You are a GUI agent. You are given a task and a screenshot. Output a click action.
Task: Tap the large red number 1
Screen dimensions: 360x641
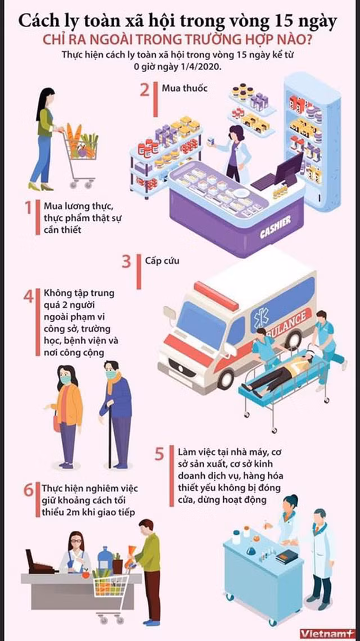28,207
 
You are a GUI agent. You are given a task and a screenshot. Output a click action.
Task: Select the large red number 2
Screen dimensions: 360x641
145,90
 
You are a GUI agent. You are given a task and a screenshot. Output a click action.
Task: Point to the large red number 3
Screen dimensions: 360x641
127,261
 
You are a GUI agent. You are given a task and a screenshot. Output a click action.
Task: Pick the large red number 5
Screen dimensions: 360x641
159,454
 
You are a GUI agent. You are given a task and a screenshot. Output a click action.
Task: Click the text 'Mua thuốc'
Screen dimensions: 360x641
179,88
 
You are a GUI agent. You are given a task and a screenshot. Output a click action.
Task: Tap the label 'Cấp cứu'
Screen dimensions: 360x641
162,260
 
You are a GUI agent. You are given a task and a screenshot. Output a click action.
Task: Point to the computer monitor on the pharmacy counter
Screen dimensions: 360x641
289,169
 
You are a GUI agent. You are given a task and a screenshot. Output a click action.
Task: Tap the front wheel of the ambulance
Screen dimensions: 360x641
226,378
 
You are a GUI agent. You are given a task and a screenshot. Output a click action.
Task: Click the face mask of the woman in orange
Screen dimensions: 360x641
65,380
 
